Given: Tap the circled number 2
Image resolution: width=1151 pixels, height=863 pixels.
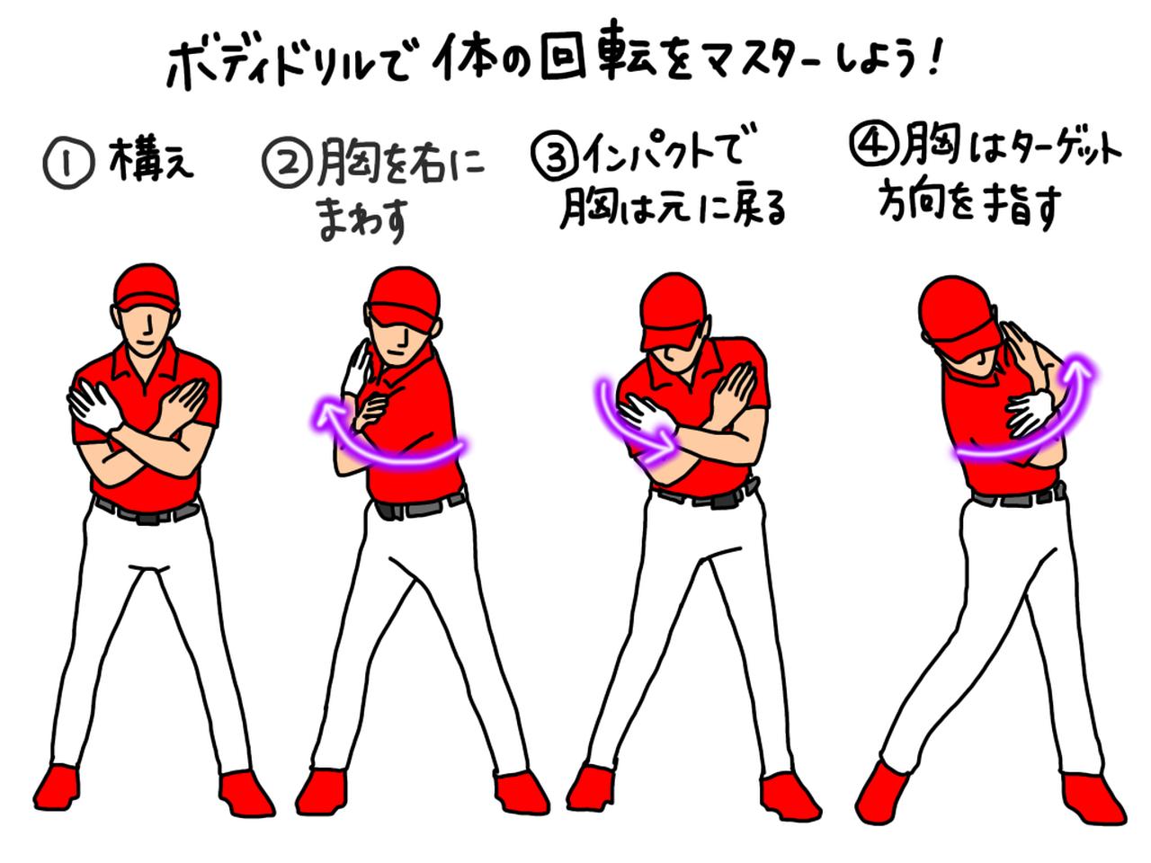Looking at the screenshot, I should [x=286, y=165].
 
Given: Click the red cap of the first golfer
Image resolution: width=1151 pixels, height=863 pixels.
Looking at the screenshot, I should [x=146, y=286].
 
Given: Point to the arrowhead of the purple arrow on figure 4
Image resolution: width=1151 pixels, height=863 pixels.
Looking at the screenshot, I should [x=1078, y=368].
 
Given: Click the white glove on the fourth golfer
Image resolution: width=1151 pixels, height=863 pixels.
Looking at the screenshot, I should [x=1032, y=412].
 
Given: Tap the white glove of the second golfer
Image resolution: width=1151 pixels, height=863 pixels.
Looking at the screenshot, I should [x=361, y=368].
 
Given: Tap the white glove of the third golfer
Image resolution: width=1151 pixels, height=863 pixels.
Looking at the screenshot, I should [x=645, y=413].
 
